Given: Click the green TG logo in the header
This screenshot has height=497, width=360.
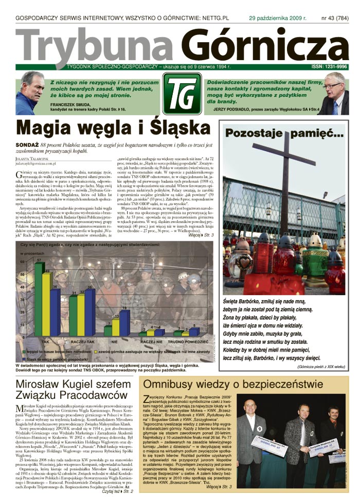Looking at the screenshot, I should pyautogui.click(x=182, y=94).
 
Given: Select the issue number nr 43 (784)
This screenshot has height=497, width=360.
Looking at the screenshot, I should pyautogui.click(x=334, y=17).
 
